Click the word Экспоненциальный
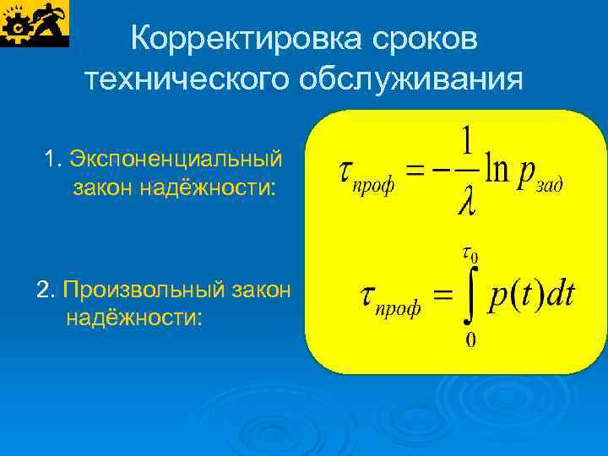pyautogui.click(x=176, y=158)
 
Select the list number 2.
pyautogui.click(x=45, y=290)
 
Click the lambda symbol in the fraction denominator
pyautogui.click(x=465, y=203)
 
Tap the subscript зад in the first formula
pyautogui.click(x=549, y=186)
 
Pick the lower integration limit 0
pyautogui.click(x=470, y=340)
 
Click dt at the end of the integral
pyautogui.click(x=558, y=295)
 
